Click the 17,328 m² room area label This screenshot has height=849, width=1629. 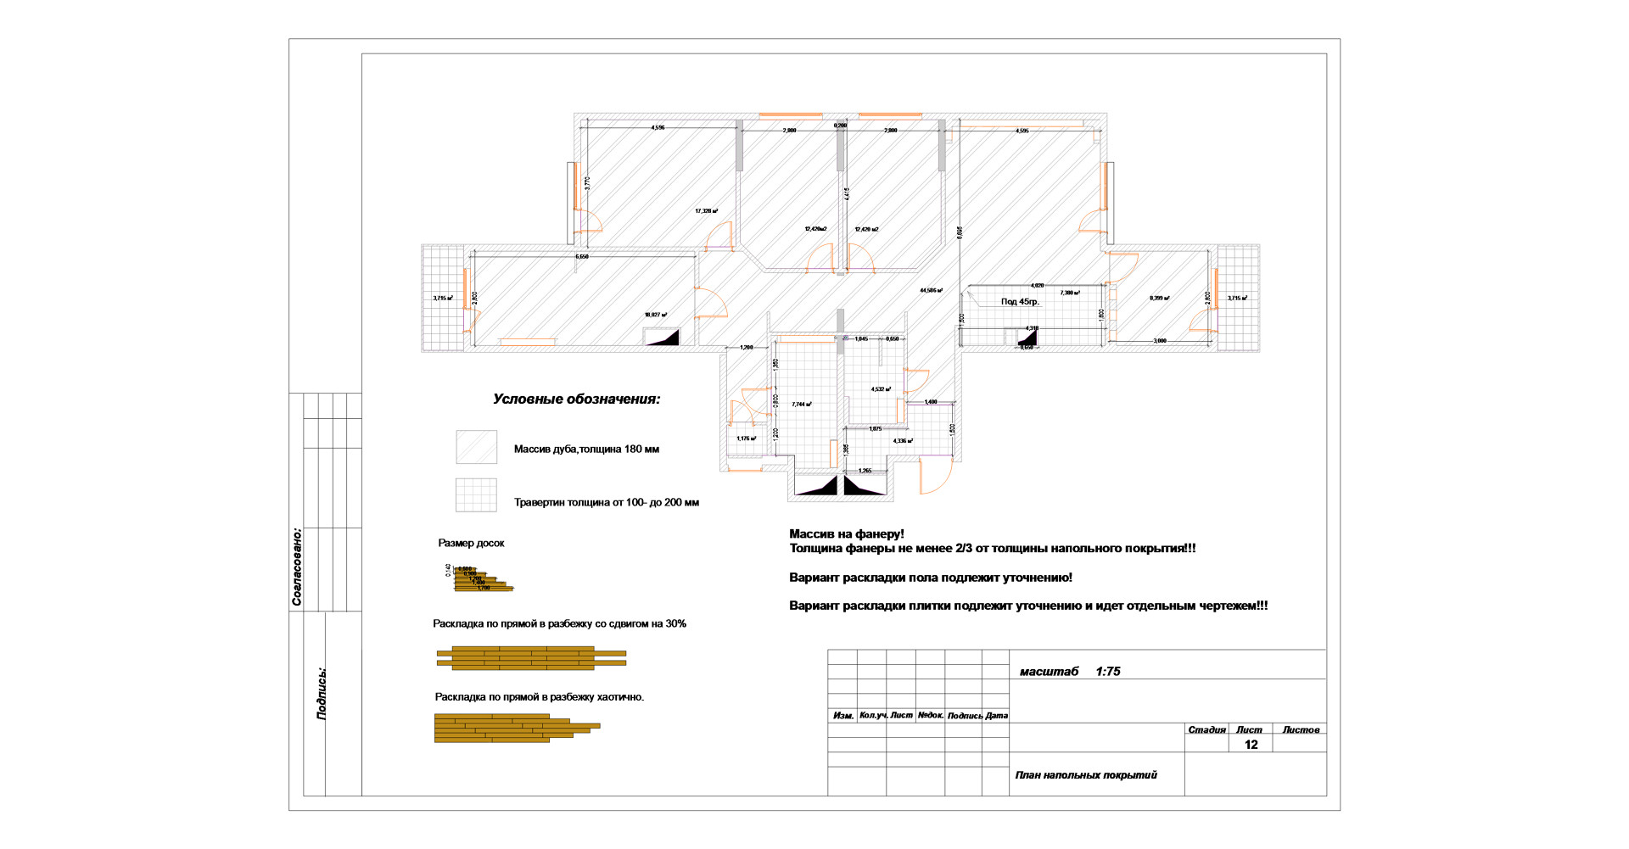(x=706, y=211)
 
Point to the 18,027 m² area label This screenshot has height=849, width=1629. (x=655, y=315)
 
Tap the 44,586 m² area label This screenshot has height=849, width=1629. (x=931, y=290)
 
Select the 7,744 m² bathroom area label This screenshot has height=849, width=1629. (x=801, y=405)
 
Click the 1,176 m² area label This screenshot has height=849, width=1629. (x=746, y=438)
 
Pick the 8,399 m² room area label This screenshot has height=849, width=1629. (x=1159, y=299)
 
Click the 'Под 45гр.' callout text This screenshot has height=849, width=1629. (x=1020, y=302)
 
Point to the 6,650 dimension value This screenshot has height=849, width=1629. (x=582, y=256)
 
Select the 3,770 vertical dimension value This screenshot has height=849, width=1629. (x=587, y=182)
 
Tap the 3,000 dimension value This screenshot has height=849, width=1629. (x=1160, y=341)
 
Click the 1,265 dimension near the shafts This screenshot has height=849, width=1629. (x=865, y=471)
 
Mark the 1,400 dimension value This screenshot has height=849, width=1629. (x=931, y=402)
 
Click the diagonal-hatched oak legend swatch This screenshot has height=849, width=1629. (x=476, y=447)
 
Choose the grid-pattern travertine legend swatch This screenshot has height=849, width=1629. (x=476, y=495)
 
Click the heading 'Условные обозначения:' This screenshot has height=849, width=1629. (x=576, y=399)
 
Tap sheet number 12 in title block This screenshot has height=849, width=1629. (x=1251, y=745)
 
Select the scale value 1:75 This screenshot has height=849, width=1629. (x=1107, y=672)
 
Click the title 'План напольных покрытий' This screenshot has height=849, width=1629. (x=1085, y=775)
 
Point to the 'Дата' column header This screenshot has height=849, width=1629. (x=997, y=716)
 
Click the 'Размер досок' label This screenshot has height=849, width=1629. (x=471, y=544)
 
